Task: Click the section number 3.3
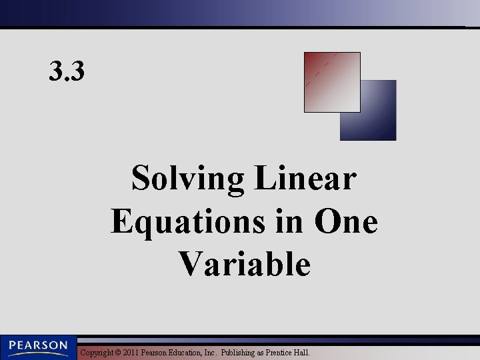click(x=67, y=71)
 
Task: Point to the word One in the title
click(x=346, y=222)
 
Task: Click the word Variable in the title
click(x=245, y=264)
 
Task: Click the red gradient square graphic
click(x=331, y=82)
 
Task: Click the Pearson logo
click(x=38, y=347)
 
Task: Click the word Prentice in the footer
click(x=281, y=352)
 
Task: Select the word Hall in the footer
click(x=304, y=352)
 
